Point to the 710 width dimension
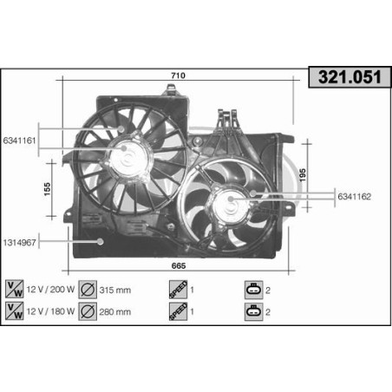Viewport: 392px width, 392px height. pos(178,76)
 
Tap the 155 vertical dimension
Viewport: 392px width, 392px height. pos(49,186)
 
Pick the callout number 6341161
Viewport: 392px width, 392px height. pos(20,139)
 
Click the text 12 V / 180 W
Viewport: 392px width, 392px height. pos(50,311)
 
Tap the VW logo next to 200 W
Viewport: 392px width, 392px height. pos(14,289)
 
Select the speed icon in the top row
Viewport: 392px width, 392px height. pos(173,289)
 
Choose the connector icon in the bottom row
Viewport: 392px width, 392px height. pos(252,311)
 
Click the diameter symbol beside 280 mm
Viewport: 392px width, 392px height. pos(87,311)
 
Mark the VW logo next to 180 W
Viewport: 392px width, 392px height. pos(14,311)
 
